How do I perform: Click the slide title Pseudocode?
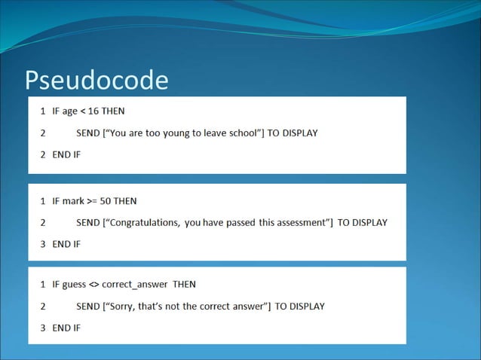tap(96, 80)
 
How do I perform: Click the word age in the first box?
tap(70, 111)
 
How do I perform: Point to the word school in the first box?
tap(242, 133)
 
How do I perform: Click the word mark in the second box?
tap(73, 201)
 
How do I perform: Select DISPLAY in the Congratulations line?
tap(369, 223)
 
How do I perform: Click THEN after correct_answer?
tap(185, 285)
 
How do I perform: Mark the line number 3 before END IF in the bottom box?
tap(43, 328)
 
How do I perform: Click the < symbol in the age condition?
tap(84, 111)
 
